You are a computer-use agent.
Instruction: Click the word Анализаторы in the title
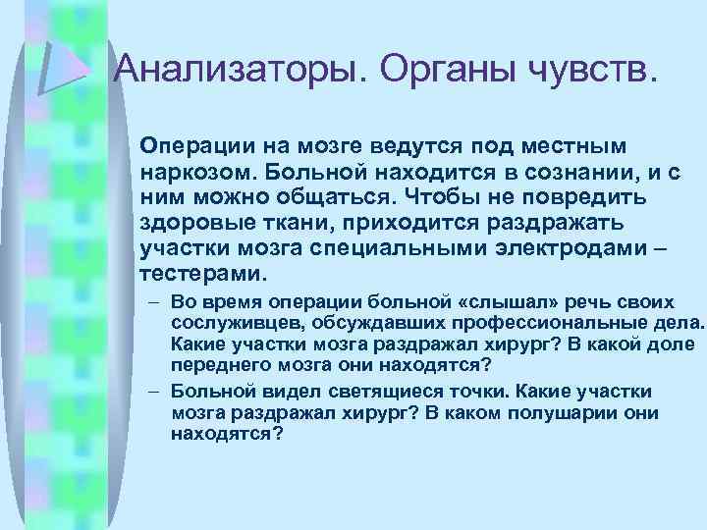[x=239, y=68]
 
